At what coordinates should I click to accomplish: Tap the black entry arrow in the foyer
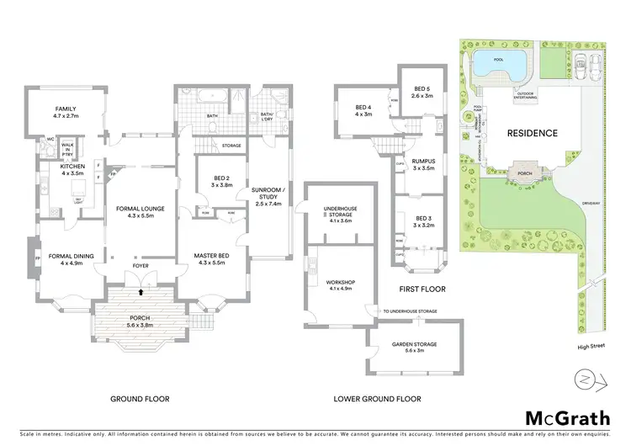coord(141,292)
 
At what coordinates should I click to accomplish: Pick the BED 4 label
coord(363,110)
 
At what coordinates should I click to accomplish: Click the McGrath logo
coord(567,418)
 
